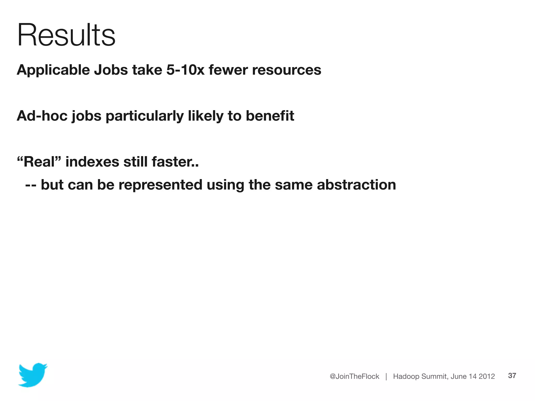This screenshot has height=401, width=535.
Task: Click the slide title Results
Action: tap(66, 35)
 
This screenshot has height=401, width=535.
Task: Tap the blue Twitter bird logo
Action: tap(33, 375)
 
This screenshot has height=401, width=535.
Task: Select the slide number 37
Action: tap(512, 376)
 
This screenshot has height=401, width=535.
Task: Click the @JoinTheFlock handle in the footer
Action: tap(354, 376)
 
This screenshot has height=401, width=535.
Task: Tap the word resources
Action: tap(287, 70)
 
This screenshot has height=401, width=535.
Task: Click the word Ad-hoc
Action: tap(42, 116)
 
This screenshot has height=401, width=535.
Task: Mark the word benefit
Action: tap(270, 116)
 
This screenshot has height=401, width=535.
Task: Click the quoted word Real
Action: tap(39, 162)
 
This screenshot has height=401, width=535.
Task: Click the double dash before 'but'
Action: tap(31, 185)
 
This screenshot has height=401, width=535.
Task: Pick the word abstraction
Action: tap(356, 185)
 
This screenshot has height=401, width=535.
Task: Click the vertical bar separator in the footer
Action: tap(386, 376)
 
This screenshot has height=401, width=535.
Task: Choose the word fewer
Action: tap(228, 70)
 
